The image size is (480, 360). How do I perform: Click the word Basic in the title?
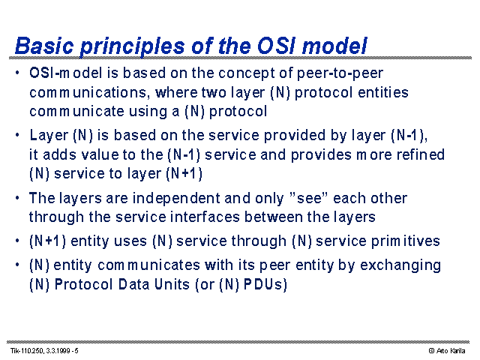click(44, 46)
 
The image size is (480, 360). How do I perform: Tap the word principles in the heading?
click(132, 47)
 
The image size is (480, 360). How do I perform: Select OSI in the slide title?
click(277, 46)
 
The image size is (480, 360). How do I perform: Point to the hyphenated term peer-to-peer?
click(340, 73)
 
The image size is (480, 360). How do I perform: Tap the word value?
click(100, 154)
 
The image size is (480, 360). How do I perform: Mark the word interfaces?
click(205, 217)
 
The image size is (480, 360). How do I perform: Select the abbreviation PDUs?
click(262, 284)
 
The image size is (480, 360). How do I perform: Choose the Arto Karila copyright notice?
click(447, 351)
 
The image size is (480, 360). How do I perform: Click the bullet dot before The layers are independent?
click(17, 198)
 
